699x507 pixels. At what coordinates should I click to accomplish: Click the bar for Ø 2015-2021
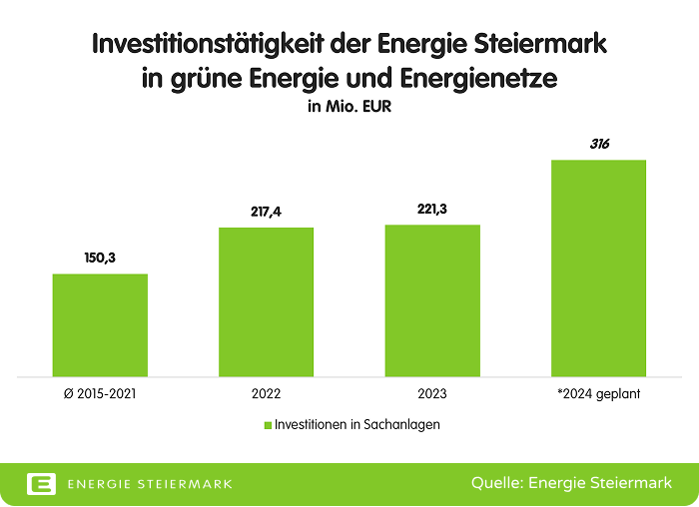pyautogui.click(x=100, y=325)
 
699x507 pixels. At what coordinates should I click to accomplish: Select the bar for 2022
pyautogui.click(x=267, y=302)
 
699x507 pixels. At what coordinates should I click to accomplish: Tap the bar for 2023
pyautogui.click(x=432, y=300)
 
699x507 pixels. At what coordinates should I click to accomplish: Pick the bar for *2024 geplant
pyautogui.click(x=599, y=268)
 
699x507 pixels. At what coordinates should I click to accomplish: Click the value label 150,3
pyautogui.click(x=100, y=257)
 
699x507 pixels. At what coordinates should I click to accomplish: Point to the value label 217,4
pyautogui.click(x=267, y=212)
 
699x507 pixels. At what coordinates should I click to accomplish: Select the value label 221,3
pyautogui.click(x=432, y=210)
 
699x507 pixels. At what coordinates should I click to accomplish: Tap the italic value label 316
pyautogui.click(x=599, y=144)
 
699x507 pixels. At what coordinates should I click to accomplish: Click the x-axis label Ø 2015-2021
pyautogui.click(x=100, y=393)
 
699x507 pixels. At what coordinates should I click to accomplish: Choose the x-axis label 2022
pyautogui.click(x=267, y=393)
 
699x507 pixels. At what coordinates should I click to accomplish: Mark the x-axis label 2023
pyautogui.click(x=432, y=393)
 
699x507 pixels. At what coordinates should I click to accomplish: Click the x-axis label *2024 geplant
pyautogui.click(x=599, y=393)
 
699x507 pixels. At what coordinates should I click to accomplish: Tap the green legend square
pyautogui.click(x=268, y=425)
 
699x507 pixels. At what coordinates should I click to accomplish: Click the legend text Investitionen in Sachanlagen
pyautogui.click(x=357, y=424)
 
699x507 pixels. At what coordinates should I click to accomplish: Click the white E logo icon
pyautogui.click(x=41, y=483)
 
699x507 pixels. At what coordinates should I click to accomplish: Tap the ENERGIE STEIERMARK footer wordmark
pyautogui.click(x=149, y=484)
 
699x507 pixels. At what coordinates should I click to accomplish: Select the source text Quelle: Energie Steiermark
pyautogui.click(x=570, y=483)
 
